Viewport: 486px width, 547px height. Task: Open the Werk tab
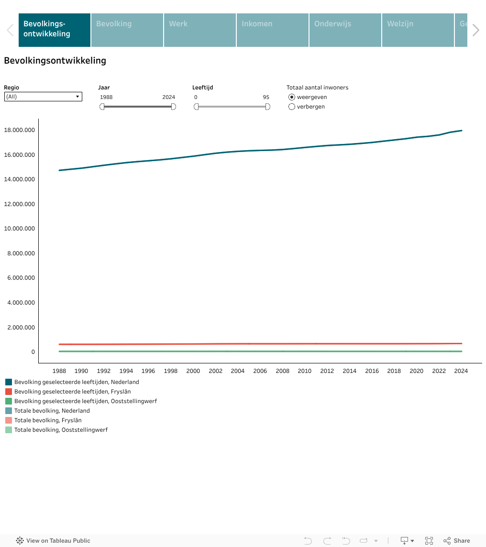point(200,30)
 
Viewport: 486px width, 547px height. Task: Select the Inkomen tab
point(273,30)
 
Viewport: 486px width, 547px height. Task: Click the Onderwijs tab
point(345,30)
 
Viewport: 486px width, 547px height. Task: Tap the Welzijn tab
point(418,30)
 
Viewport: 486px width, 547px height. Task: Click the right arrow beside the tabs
point(475,30)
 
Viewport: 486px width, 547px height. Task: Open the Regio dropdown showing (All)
point(43,97)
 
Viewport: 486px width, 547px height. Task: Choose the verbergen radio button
point(292,107)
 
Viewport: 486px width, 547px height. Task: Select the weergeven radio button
point(292,97)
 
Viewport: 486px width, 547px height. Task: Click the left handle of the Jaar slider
point(102,107)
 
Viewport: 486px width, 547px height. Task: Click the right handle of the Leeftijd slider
point(268,107)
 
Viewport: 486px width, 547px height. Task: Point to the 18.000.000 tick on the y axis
point(20,130)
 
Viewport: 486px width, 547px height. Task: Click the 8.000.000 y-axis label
point(21,253)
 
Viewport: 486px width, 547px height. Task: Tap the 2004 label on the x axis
point(238,371)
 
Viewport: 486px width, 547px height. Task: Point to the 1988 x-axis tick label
point(59,371)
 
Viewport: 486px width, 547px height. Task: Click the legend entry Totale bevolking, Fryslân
point(48,420)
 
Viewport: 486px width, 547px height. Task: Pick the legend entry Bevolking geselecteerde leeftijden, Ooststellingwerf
point(85,401)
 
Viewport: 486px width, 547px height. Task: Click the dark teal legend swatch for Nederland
point(9,382)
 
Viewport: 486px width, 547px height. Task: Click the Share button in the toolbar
point(457,541)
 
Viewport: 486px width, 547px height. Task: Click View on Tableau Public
point(54,541)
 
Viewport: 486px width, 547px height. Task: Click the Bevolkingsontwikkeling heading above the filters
point(55,61)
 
